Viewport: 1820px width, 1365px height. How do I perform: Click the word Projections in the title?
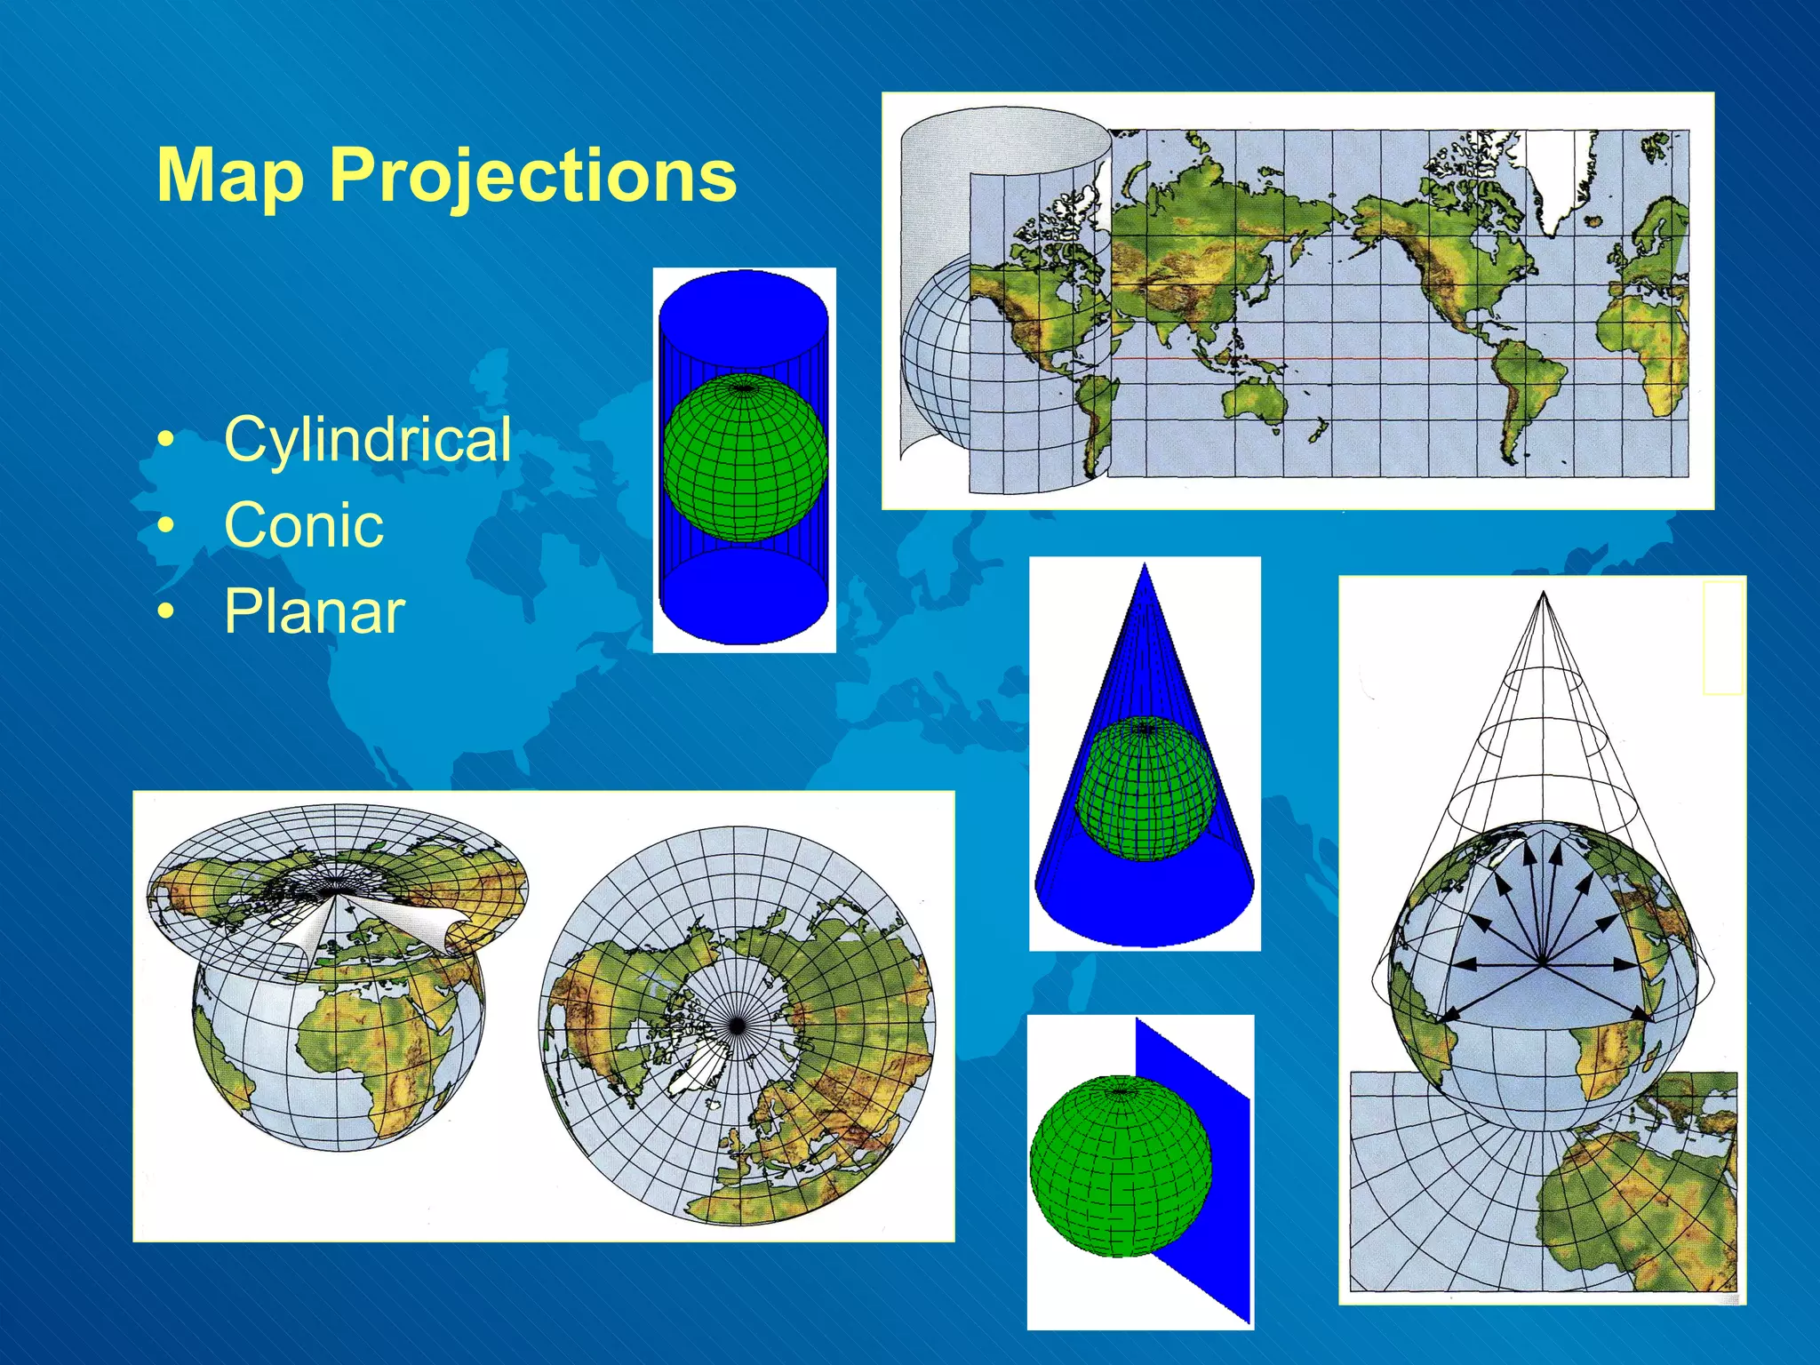(x=533, y=176)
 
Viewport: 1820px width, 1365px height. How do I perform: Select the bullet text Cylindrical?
(x=367, y=439)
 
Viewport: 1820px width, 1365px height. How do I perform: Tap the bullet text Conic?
(x=304, y=524)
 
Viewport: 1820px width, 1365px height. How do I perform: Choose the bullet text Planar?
(x=315, y=611)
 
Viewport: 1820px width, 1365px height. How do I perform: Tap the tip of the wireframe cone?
(x=1544, y=595)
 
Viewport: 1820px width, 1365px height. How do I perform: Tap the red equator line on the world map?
(x=1377, y=359)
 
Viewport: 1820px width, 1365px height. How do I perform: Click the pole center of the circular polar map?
(x=736, y=1026)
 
